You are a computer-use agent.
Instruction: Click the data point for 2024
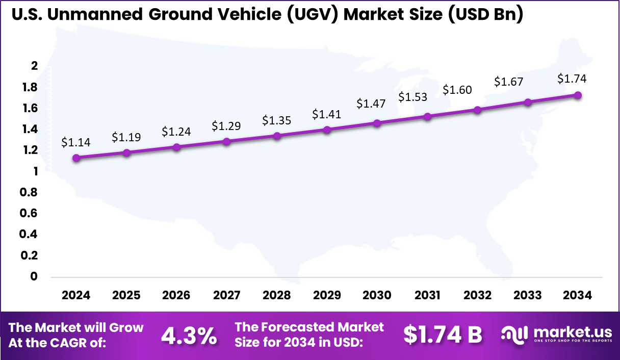click(x=76, y=158)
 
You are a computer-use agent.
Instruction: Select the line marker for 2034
click(x=578, y=95)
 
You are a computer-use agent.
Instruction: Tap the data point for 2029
click(x=327, y=130)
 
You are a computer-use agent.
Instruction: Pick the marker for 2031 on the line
click(x=427, y=117)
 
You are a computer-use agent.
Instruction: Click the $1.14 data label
click(x=76, y=143)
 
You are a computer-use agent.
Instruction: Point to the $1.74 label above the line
click(x=572, y=79)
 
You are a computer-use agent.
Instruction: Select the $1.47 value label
click(x=371, y=104)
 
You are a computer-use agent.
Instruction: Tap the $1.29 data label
click(x=226, y=125)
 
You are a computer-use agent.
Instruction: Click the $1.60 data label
click(x=457, y=90)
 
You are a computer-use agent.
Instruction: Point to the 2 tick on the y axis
click(x=35, y=66)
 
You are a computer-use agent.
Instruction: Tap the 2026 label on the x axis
click(x=176, y=296)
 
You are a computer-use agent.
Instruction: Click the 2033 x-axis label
click(x=528, y=296)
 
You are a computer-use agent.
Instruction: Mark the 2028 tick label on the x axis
click(x=276, y=296)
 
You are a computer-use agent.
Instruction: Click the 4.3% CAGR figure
click(x=189, y=336)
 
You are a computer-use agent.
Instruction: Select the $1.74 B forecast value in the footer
click(x=443, y=335)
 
